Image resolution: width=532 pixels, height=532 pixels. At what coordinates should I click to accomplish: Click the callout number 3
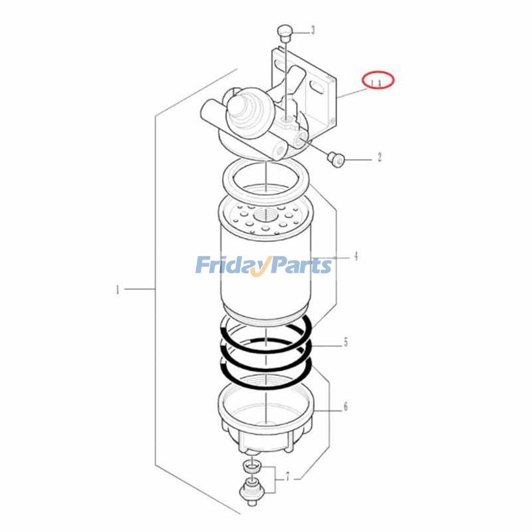tap(313, 29)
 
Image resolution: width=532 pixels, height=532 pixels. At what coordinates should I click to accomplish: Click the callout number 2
tap(379, 158)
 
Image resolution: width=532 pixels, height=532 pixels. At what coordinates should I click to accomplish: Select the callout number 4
tap(356, 255)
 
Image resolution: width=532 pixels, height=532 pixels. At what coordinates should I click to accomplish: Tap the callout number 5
tap(345, 343)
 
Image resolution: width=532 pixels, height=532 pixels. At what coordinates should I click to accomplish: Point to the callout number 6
tap(345, 407)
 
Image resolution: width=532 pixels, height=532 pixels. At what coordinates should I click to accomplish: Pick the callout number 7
tap(287, 476)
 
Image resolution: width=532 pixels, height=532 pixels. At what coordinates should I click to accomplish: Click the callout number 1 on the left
tap(117, 289)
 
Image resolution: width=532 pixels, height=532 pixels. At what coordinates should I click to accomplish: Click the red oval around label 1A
tap(378, 80)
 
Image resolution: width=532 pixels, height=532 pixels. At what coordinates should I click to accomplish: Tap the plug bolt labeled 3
tap(285, 31)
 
